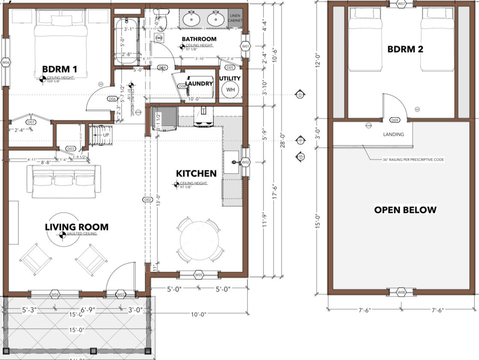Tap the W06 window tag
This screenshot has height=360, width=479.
coord(6,63)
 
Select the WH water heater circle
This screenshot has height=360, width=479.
coord(230,90)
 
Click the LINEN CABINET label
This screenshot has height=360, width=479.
coord(235,18)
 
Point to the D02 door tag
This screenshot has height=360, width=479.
coord(147,200)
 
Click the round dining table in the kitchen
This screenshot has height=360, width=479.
coord(200,240)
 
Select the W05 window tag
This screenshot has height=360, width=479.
coord(199,275)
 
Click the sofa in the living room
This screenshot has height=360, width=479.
coord(63,181)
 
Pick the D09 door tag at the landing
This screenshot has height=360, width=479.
coord(395,120)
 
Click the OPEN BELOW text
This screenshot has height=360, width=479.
coord(405,210)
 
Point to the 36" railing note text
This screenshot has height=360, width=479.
coord(413,159)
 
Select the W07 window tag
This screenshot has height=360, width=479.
coord(401,4)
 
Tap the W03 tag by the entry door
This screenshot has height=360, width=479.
coord(121,294)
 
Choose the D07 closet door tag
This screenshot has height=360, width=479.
coord(30,122)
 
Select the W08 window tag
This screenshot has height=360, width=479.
coord(401,292)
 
